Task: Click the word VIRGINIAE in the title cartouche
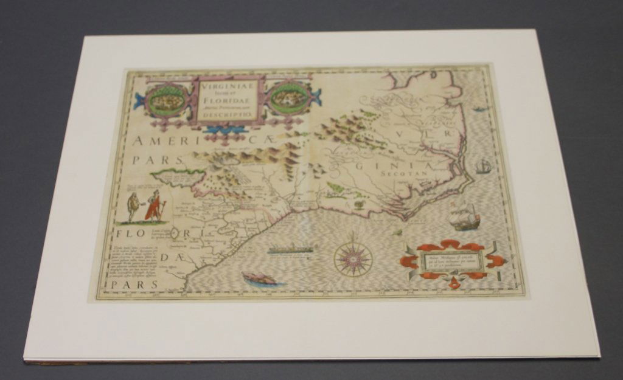pos(228,86)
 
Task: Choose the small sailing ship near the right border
pos(484,165)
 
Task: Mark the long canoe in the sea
pos(293,249)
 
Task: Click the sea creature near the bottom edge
pos(259,279)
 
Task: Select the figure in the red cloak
pos(155,206)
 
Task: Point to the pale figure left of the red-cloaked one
pos(133,207)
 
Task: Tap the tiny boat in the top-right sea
pos(479,109)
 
